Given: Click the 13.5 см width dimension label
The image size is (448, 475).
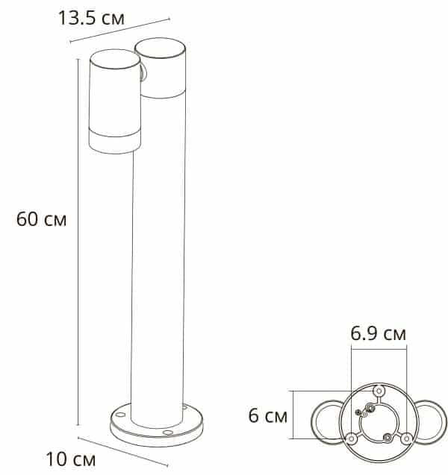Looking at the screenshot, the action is [91, 18].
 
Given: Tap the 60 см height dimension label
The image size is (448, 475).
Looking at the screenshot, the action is [41, 219].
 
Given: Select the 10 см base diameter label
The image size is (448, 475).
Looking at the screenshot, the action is [71, 459].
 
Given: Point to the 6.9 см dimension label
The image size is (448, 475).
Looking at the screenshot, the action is [378, 333].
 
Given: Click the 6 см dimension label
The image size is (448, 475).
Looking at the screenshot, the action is [267, 415].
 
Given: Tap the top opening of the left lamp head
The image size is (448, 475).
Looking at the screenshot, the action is [115, 59].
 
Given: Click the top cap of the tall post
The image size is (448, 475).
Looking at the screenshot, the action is [160, 48].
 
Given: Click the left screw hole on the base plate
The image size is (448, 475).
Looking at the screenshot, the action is [120, 415].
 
